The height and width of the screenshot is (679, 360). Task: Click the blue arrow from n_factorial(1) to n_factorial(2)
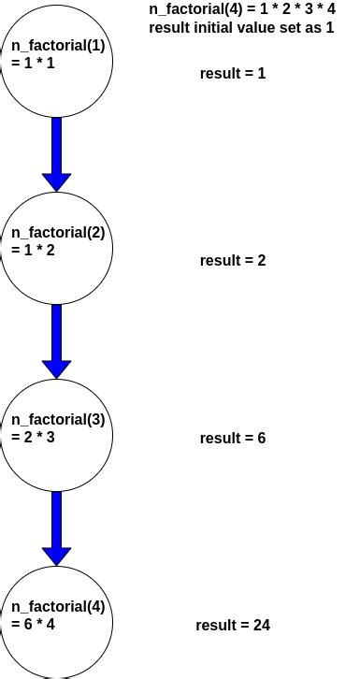click(56, 150)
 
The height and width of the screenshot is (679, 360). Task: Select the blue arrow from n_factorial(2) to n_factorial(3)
click(56, 337)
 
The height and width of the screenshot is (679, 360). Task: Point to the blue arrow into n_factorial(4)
click(56, 524)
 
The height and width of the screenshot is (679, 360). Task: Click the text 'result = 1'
click(233, 73)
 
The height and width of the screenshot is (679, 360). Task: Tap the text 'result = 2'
click(233, 260)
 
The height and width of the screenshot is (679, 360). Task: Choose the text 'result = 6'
click(233, 438)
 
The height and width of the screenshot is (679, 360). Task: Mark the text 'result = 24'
click(233, 625)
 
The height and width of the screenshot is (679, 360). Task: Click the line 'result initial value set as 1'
click(241, 27)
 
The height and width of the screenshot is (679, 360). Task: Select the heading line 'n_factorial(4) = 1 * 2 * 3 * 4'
click(242, 9)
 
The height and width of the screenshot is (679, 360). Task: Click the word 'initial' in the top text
click(209, 27)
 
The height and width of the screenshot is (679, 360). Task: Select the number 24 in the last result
click(262, 625)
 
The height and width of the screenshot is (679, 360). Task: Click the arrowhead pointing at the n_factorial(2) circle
click(56, 181)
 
